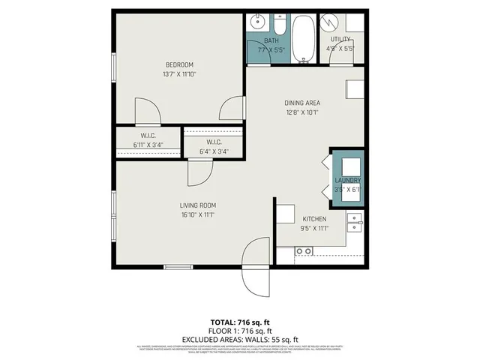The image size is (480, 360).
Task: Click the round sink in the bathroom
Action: point(256,23)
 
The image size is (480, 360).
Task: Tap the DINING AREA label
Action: point(302,103)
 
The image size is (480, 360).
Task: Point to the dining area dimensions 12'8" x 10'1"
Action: point(302,113)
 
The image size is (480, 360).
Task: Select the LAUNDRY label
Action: point(347,181)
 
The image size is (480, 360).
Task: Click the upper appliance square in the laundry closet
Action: point(349,163)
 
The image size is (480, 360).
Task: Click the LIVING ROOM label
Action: point(197,205)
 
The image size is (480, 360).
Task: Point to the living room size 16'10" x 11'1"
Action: point(197,214)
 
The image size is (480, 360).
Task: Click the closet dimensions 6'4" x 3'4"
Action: point(214,151)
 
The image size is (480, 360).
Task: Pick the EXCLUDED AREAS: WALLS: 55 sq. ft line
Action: point(240,339)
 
